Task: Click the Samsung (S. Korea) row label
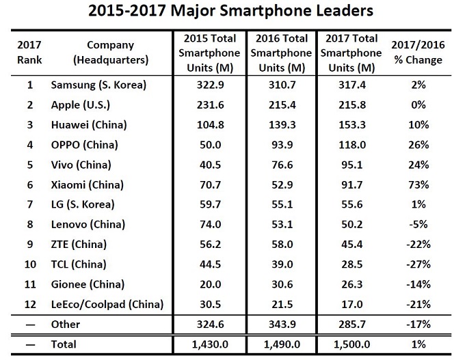click(99, 85)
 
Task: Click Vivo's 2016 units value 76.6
click(280, 165)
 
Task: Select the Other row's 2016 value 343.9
click(280, 324)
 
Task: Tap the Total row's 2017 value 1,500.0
click(350, 344)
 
